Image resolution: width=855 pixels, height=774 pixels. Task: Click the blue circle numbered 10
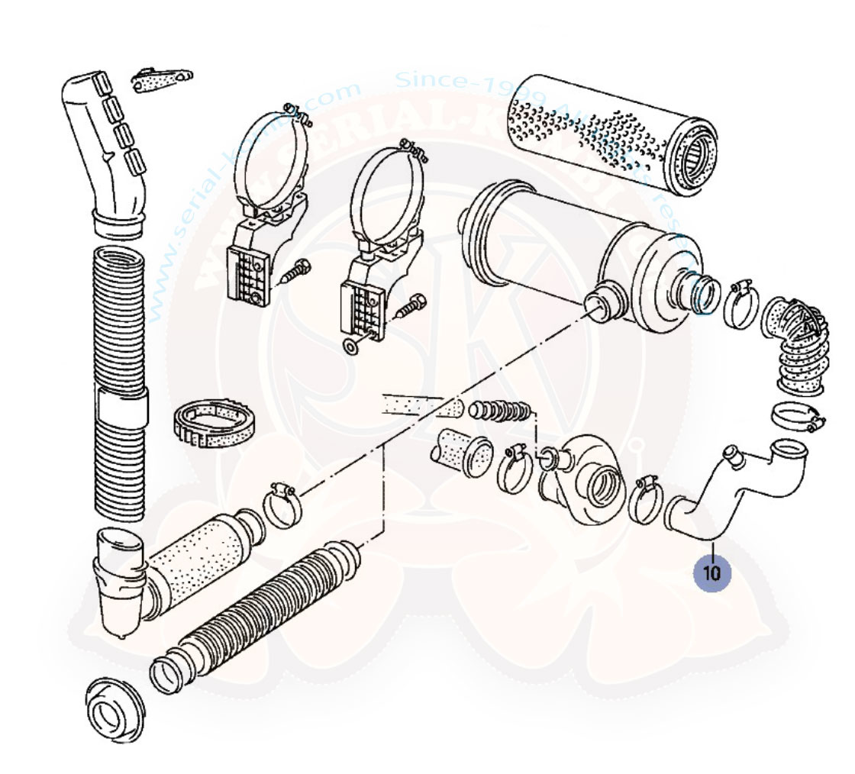712,572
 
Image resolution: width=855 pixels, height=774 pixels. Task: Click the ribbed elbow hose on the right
798,343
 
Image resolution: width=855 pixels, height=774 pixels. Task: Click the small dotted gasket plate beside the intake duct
162,80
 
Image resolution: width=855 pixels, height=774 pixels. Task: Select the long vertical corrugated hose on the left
120,382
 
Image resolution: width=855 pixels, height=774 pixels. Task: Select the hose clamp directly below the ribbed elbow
795,417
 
